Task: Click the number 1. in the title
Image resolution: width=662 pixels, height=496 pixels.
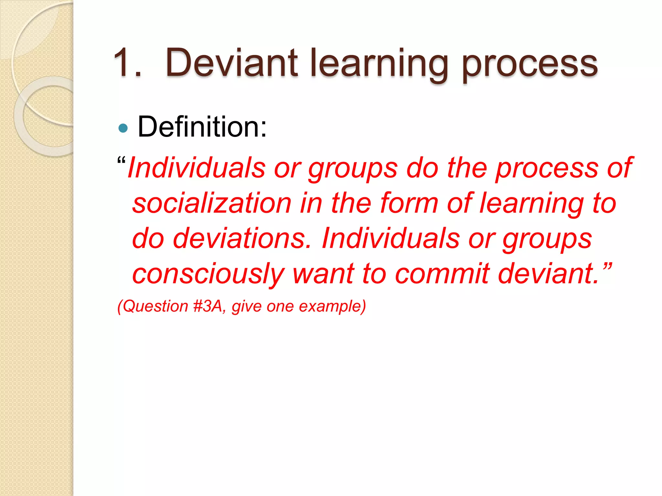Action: (128, 63)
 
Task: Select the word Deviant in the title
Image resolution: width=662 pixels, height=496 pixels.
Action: (231, 63)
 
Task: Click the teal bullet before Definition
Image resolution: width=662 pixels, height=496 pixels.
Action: (123, 128)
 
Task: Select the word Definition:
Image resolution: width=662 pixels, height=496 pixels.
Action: (202, 127)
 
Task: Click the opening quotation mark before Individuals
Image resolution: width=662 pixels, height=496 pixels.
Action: (122, 160)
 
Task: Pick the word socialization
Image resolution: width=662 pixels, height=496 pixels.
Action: (212, 203)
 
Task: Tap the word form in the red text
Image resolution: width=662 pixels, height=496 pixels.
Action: (409, 203)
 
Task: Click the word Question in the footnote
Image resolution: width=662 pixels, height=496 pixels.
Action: (155, 306)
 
